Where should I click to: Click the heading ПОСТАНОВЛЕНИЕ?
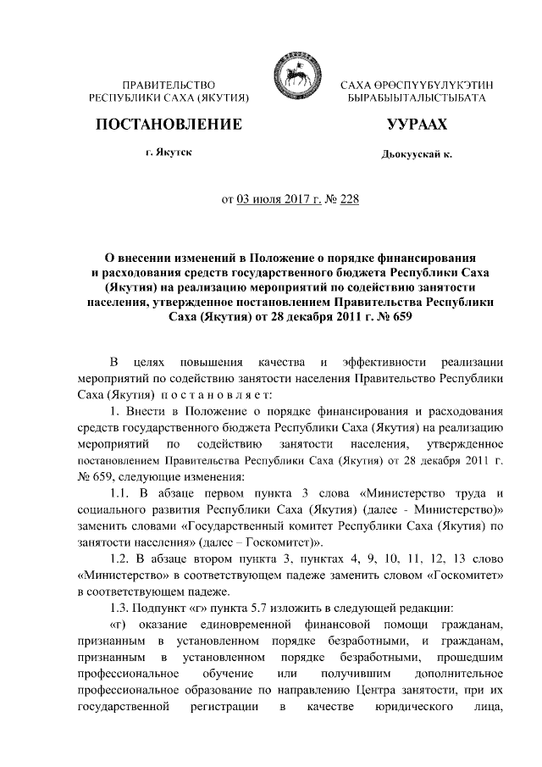click(x=169, y=125)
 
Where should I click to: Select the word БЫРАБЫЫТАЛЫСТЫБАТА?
click(x=417, y=99)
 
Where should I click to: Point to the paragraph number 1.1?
click(x=113, y=493)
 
